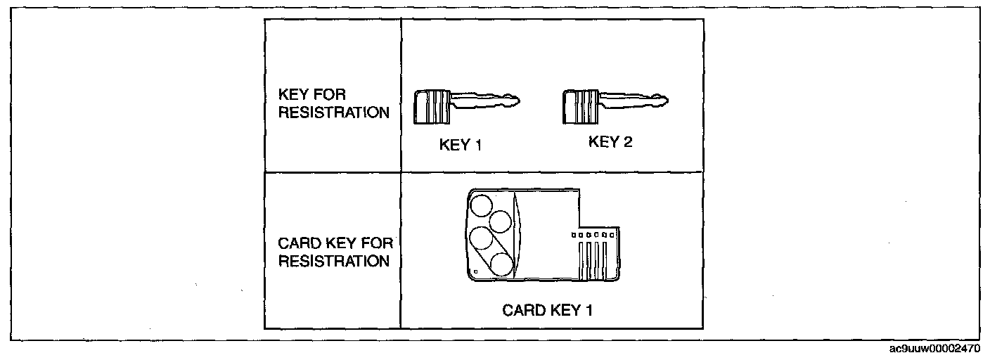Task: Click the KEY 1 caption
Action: [x=461, y=146]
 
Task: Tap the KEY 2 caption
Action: [x=610, y=142]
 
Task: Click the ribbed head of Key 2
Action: [x=577, y=105]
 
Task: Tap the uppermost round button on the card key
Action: [x=482, y=206]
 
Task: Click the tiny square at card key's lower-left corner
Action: [x=476, y=271]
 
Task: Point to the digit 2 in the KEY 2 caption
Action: [x=628, y=142]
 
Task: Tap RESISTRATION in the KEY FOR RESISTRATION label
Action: [x=334, y=113]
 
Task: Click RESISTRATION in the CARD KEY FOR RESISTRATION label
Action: [x=334, y=262]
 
